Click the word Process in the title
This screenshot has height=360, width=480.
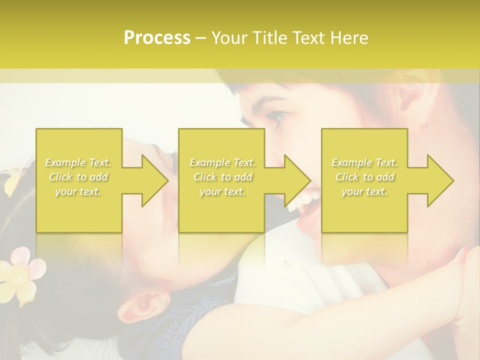coord(157,38)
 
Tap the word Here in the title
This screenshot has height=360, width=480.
coord(349,38)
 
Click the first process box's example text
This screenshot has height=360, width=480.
coord(78,177)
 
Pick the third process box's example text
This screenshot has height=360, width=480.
coord(364,177)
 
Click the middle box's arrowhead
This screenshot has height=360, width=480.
coord(297,180)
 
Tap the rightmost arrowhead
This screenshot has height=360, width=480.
coord(440,180)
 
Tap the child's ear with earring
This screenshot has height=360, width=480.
coord(148,304)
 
